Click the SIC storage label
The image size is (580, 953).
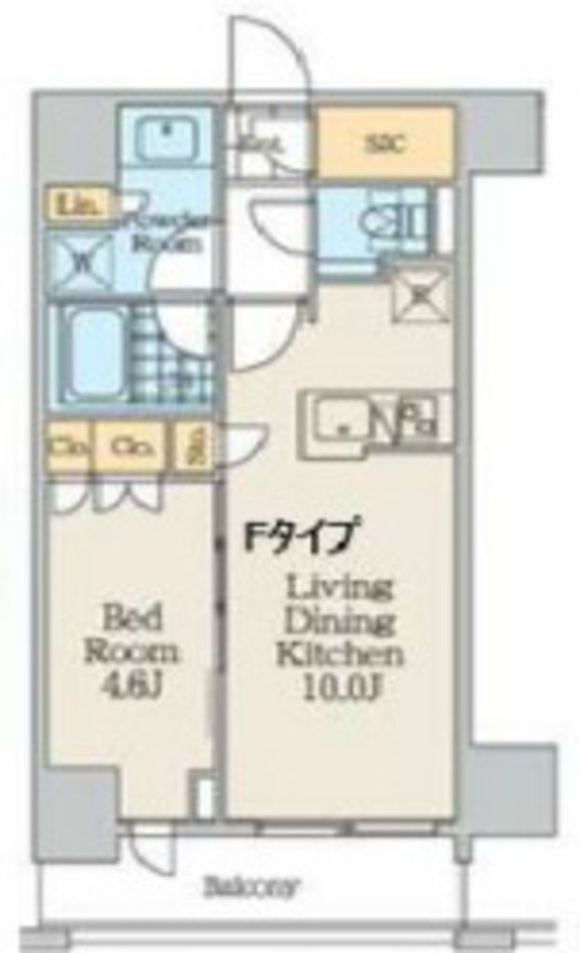point(385,143)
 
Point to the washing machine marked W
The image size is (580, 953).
point(81,262)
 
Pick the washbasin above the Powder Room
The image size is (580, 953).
point(167,139)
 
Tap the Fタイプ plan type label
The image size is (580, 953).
point(300,538)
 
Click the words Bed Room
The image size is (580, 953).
point(131,633)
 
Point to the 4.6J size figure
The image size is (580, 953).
point(132,687)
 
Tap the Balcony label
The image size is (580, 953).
point(250,887)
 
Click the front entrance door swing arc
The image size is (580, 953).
point(270,56)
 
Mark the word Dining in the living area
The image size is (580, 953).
point(340,620)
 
